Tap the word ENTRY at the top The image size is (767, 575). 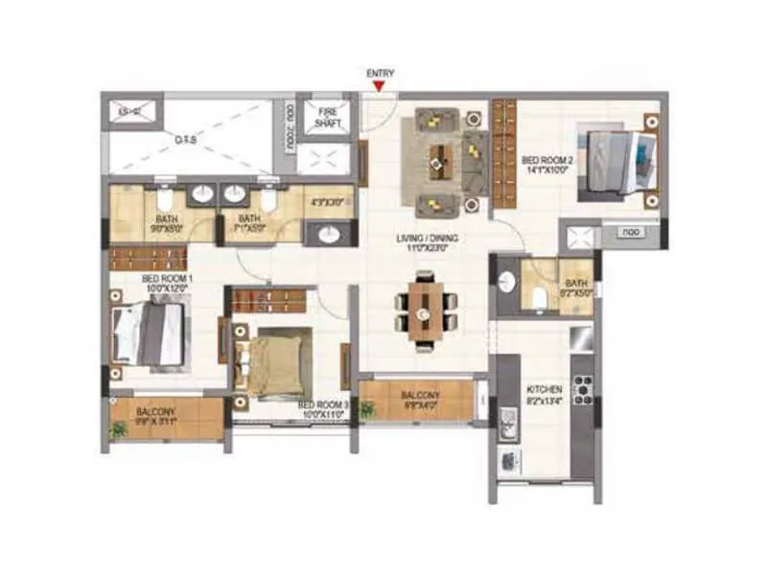pos(381,74)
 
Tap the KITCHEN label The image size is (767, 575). pos(545,396)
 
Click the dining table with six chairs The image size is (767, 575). pos(425,310)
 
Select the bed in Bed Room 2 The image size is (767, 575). pos(613,159)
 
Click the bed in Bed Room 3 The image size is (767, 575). pos(277,358)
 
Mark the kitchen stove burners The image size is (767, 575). pos(581,389)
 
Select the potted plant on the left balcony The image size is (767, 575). pos(118,430)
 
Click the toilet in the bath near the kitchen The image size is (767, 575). pos(539,298)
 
